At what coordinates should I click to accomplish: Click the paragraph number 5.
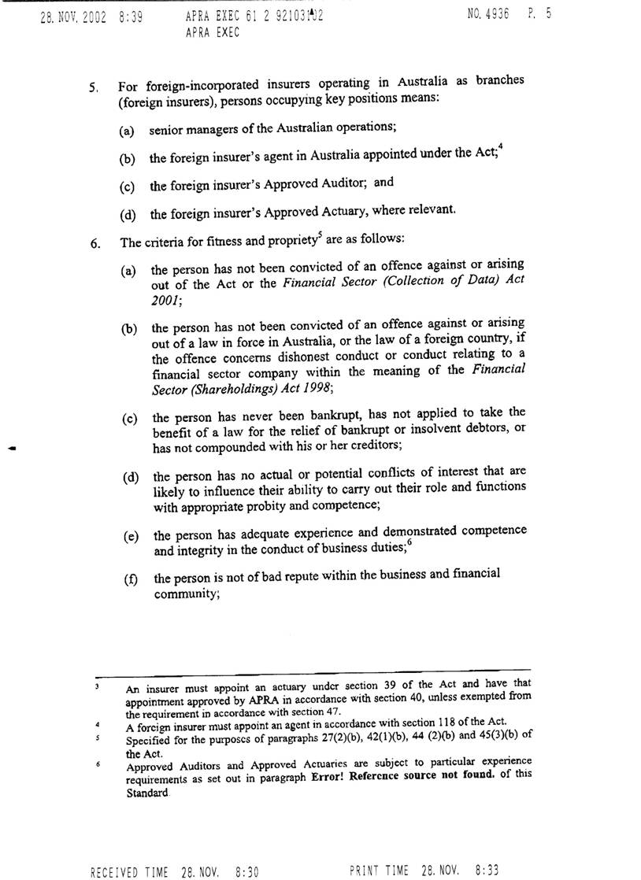(93, 88)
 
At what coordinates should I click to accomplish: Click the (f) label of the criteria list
(130, 581)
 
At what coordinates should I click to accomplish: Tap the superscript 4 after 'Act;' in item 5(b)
(500, 149)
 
